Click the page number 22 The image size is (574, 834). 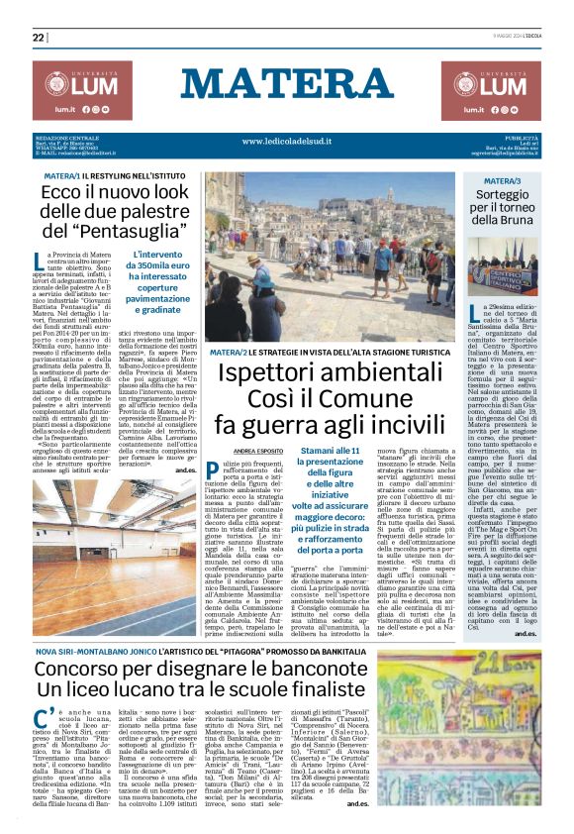[39, 38]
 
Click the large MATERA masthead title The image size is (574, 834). [286, 85]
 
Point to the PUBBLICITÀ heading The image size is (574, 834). [518, 136]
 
